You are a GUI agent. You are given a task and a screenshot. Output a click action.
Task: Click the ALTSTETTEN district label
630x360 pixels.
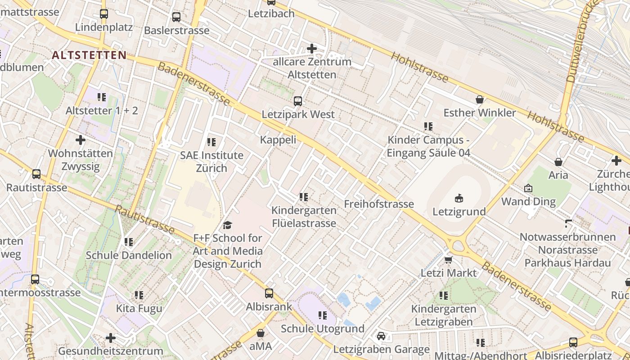pyautogui.click(x=89, y=55)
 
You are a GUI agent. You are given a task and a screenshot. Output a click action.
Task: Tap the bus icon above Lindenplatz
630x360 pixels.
pyautogui.click(x=104, y=14)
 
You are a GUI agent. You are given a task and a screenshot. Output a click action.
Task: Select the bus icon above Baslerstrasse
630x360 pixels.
pyautogui.click(x=176, y=17)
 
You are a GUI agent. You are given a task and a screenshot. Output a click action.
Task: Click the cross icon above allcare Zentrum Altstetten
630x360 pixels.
pyautogui.click(x=311, y=48)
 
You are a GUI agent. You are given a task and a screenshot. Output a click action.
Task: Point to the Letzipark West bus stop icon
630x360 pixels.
pyautogui.click(x=298, y=101)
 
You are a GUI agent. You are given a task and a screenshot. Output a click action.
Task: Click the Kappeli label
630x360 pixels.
pyautogui.click(x=278, y=139)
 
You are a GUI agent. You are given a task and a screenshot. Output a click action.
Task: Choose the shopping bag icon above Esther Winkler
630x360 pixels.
pyautogui.click(x=480, y=99)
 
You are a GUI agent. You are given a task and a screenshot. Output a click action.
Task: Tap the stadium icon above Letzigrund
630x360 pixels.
pyautogui.click(x=459, y=198)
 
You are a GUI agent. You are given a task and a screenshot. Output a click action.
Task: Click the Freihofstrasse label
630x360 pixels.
pyautogui.click(x=379, y=204)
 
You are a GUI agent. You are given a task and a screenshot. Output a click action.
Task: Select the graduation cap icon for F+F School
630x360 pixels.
pyautogui.click(x=227, y=225)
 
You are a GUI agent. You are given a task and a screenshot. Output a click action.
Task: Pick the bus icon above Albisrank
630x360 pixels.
pyautogui.click(x=269, y=293)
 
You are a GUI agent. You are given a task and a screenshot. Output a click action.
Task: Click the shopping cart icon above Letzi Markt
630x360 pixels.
pyautogui.click(x=448, y=260)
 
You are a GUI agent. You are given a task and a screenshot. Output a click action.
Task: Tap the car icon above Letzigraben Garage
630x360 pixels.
pyautogui.click(x=381, y=336)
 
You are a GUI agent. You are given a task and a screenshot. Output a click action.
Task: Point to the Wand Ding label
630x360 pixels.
pyautogui.click(x=528, y=201)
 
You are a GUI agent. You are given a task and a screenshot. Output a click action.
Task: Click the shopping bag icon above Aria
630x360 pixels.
pyautogui.click(x=558, y=162)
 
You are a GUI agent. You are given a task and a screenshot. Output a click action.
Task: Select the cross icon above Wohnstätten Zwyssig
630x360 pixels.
pyautogui.click(x=81, y=140)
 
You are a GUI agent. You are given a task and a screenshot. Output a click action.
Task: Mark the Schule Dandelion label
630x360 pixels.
pyautogui.click(x=129, y=255)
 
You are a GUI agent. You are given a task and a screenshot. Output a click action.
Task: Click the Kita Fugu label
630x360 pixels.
pyautogui.click(x=139, y=308)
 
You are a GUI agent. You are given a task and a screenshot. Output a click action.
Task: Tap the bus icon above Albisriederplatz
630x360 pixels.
pyautogui.click(x=573, y=342)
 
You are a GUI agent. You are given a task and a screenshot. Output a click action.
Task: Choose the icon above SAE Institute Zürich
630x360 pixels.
pyautogui.click(x=211, y=142)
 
